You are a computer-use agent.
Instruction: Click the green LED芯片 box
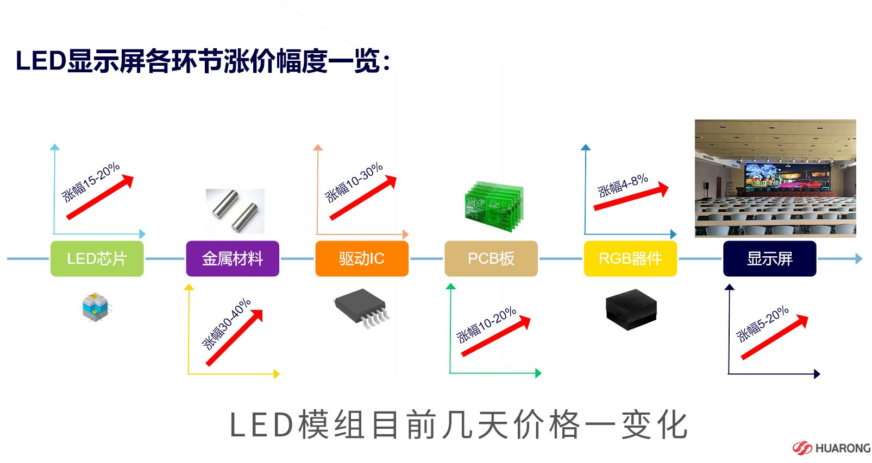tap(97, 258)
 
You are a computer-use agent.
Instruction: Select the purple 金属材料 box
tap(233, 258)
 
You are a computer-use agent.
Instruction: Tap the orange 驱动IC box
tap(362, 258)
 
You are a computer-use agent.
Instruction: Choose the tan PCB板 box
tap(491, 258)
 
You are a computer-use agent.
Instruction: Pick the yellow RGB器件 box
tap(630, 258)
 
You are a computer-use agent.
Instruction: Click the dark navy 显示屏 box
tap(769, 258)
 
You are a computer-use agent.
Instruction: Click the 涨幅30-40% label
tap(226, 324)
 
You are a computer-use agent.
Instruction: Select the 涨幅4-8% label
tap(623, 185)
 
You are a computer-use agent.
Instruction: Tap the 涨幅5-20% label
tap(762, 324)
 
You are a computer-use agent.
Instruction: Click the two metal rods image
tap(235, 211)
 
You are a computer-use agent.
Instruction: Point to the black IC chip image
tap(362, 307)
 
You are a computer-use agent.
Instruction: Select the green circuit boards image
tap(494, 207)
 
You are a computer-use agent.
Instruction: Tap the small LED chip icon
tap(96, 307)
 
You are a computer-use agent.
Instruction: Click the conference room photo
tap(775, 178)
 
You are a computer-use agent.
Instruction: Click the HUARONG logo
tap(831, 448)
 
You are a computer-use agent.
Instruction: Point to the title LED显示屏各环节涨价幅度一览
tap(202, 61)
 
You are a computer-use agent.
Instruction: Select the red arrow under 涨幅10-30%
tap(363, 198)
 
